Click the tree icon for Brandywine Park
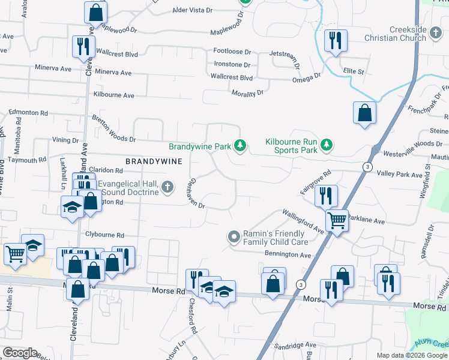click(240, 146)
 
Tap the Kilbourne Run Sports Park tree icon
click(326, 145)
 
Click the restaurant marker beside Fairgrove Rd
click(326, 195)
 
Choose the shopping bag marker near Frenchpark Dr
click(364, 113)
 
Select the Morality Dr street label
click(247, 93)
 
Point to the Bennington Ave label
click(289, 256)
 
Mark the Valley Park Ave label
click(400, 174)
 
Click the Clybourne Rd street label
click(104, 235)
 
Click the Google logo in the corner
click(20, 353)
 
